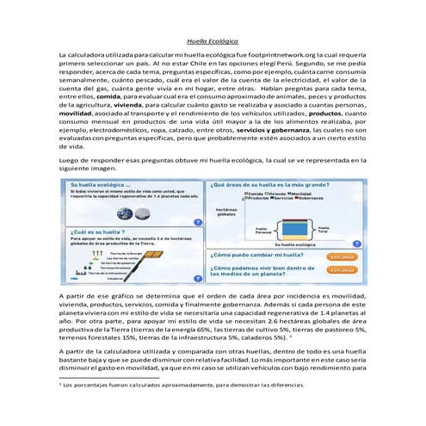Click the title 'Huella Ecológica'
click(x=213, y=40)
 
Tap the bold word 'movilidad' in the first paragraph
click(x=77, y=113)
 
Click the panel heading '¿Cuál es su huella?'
click(x=95, y=232)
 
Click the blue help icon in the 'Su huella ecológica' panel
click(x=198, y=221)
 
